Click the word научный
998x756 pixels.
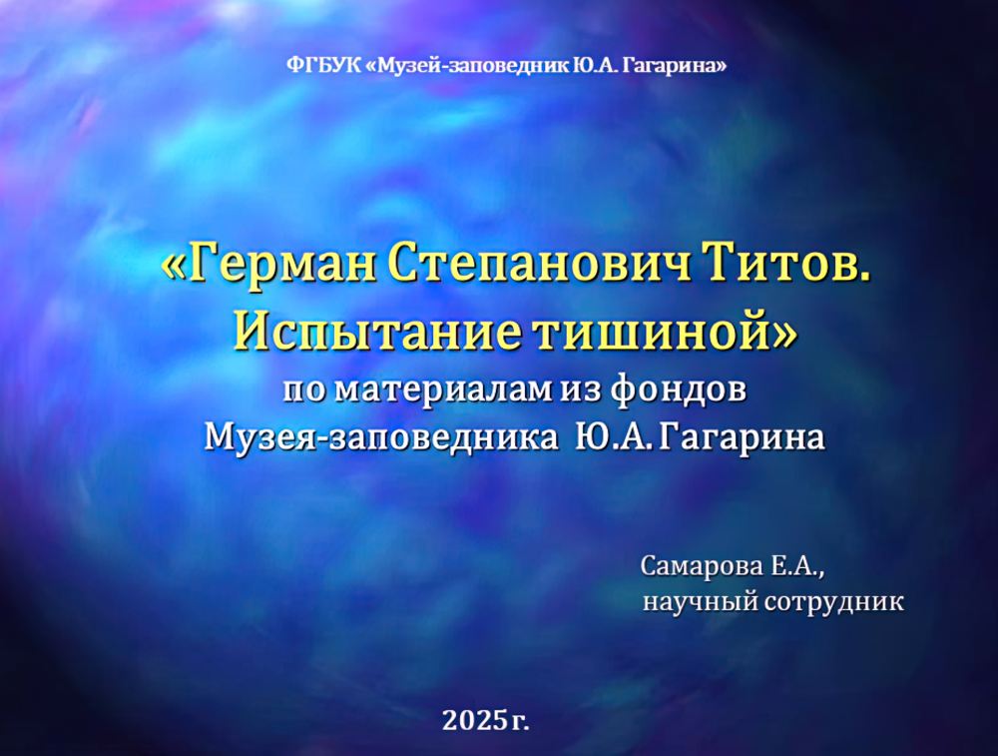point(698,602)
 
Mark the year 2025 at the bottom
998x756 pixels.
point(473,717)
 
